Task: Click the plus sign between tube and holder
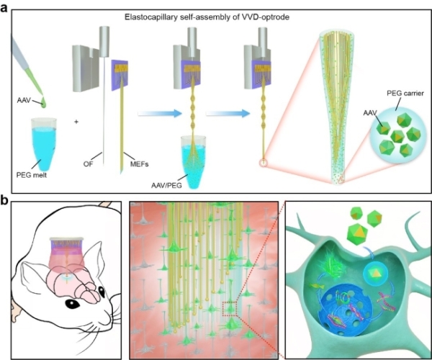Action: click(x=76, y=120)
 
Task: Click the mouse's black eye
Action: click(x=73, y=305)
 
